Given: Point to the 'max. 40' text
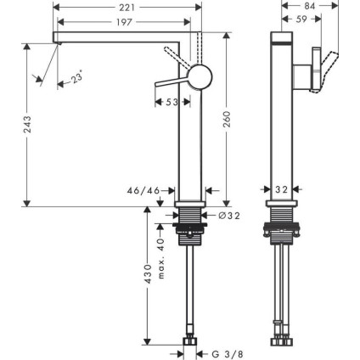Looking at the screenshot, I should pyautogui.click(x=161, y=255).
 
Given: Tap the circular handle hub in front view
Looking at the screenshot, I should pyautogui.click(x=200, y=76).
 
